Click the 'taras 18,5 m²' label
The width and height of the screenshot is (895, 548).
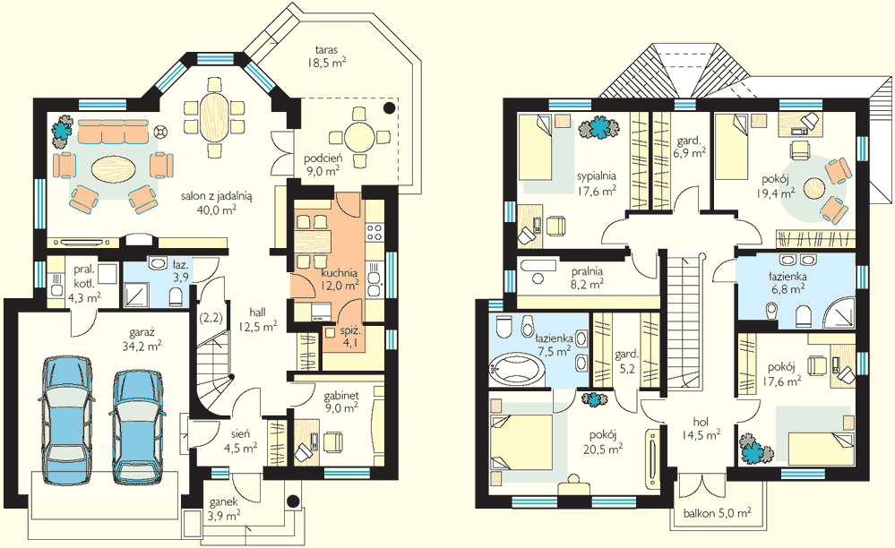(x=326, y=56)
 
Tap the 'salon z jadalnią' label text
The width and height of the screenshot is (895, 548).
(x=217, y=195)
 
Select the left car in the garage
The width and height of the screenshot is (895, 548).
(x=66, y=422)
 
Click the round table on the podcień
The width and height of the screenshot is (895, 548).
(x=359, y=137)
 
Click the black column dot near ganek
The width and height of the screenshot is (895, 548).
(x=293, y=501)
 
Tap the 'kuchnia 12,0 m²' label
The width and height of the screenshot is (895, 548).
(x=339, y=279)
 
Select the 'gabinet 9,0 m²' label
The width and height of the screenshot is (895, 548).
(x=341, y=401)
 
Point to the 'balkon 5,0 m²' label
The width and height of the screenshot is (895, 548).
(x=717, y=513)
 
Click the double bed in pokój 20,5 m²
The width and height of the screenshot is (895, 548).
(x=521, y=442)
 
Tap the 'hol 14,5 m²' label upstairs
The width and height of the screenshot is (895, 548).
(x=701, y=429)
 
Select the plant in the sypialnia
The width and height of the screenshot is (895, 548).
(x=598, y=128)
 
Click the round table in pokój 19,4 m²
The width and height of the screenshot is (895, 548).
(x=814, y=188)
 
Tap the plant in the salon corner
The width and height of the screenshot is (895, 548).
(x=63, y=128)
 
